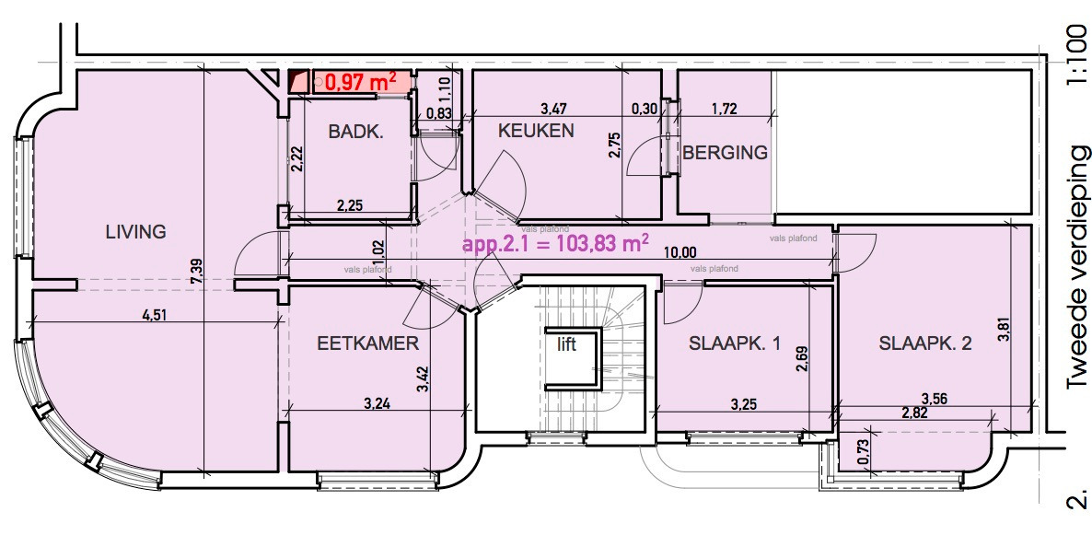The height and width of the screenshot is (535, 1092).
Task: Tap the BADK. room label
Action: coord(355,132)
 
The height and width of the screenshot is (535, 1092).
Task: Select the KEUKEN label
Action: coord(536,131)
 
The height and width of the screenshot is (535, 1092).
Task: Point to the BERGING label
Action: coord(725,153)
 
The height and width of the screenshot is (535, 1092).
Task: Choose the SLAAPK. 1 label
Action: coord(735,344)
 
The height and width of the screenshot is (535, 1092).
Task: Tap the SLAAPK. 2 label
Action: coord(925,344)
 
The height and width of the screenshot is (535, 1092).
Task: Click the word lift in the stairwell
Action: coord(565,345)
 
